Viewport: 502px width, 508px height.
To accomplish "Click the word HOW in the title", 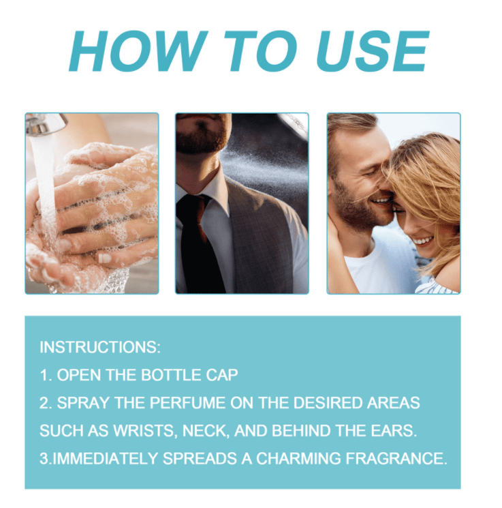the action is tap(138, 51).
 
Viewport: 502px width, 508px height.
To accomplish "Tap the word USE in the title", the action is tap(373, 51).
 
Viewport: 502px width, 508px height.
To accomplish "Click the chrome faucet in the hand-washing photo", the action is tap(46, 124).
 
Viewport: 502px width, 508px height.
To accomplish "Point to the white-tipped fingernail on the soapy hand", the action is tap(104, 258).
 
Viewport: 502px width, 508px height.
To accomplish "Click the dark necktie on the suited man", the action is tap(198, 243).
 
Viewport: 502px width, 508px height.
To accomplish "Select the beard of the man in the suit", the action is tap(202, 136).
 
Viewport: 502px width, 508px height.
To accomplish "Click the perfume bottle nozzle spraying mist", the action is tap(294, 125).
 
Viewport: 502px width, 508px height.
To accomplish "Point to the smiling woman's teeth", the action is tap(423, 241).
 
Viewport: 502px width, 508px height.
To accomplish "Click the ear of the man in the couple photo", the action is tap(331, 168).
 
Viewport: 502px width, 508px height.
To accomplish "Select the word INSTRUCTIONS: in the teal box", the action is tap(100, 347).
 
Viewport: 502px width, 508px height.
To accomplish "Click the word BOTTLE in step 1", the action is tap(171, 375).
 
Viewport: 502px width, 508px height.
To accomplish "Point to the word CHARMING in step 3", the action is tap(298, 458).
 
